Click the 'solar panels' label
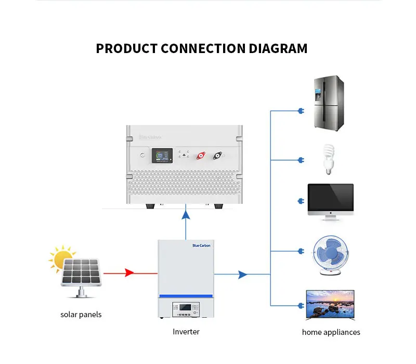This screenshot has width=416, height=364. pyautogui.click(x=81, y=315)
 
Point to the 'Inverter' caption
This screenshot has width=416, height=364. pyautogui.click(x=186, y=332)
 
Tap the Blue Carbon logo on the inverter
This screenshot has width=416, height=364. pyautogui.click(x=202, y=245)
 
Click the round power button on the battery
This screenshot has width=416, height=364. pyautogui.click(x=142, y=155)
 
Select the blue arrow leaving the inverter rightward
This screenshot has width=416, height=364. pyautogui.click(x=242, y=274)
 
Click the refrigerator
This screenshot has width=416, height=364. pyautogui.click(x=328, y=103)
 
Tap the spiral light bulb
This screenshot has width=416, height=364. pyautogui.click(x=328, y=159)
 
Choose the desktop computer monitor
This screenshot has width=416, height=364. pyautogui.click(x=330, y=200)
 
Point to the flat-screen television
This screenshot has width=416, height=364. pyautogui.click(x=330, y=305)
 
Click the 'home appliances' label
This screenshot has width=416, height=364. pyautogui.click(x=331, y=332)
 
